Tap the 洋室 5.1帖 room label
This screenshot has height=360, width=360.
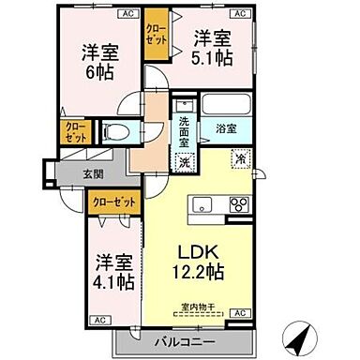click(x=215, y=50)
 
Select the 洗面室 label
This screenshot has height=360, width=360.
click(x=184, y=131)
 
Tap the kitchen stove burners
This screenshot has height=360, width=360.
click(x=237, y=204)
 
